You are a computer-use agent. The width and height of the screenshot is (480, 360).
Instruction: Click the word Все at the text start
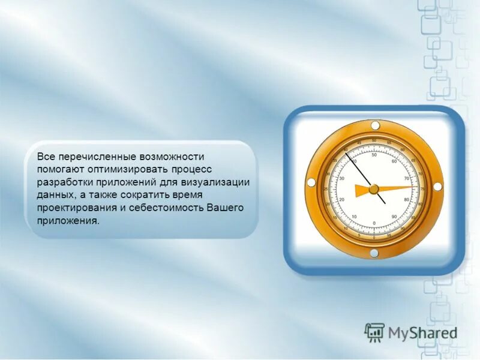tap(45, 156)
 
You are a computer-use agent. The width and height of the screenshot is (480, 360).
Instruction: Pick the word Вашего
tap(226, 208)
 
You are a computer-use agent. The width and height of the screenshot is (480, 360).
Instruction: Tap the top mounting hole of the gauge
tap(375, 125)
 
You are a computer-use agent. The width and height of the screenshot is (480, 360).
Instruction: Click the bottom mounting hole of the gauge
tap(374, 253)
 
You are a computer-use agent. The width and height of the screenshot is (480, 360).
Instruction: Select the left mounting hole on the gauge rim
tap(311, 182)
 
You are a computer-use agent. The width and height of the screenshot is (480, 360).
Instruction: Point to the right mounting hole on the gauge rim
tap(437, 186)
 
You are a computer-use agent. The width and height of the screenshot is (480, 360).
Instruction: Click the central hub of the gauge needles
tap(374, 189)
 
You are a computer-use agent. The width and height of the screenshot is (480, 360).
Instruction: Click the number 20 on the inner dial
tap(341, 200)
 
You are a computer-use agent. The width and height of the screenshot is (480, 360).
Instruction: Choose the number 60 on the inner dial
tap(394, 161)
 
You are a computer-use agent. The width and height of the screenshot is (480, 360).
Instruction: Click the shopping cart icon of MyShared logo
tap(374, 332)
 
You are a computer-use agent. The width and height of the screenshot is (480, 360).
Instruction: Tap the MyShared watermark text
tap(422, 332)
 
